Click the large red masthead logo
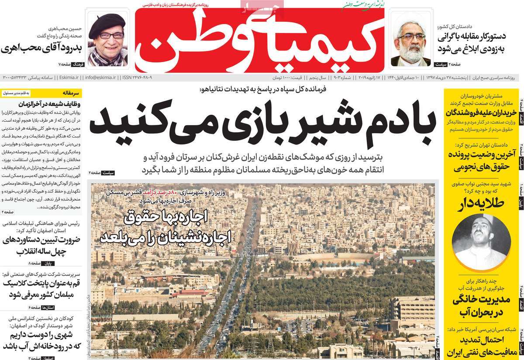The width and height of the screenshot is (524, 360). (x=259, y=41)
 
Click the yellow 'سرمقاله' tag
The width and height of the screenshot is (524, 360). (x=70, y=93)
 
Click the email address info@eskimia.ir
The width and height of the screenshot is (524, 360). (x=101, y=77)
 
